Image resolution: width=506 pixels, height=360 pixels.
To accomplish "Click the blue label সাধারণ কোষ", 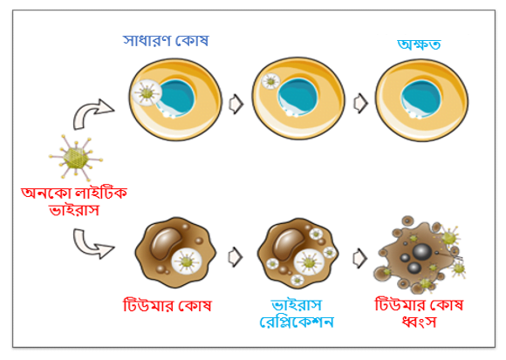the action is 166,41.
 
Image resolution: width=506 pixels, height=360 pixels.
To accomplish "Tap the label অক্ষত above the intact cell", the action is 419,44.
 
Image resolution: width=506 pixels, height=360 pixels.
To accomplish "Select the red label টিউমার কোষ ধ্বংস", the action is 419,313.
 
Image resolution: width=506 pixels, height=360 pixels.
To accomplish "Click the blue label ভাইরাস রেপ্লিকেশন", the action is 297,313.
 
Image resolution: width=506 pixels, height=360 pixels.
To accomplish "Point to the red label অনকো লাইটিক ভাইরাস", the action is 74,201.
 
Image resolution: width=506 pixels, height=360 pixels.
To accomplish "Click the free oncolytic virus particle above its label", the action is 76,158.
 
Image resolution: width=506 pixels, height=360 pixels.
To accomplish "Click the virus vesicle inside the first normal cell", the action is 147,92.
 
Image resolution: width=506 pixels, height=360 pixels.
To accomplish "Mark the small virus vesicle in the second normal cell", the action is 270,81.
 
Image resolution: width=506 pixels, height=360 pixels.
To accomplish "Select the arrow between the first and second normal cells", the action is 236,104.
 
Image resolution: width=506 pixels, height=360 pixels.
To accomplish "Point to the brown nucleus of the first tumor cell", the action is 166,243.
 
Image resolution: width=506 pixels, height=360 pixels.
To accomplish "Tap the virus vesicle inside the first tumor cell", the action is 187,262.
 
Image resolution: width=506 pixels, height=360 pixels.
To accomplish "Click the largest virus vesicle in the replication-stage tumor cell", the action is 309,262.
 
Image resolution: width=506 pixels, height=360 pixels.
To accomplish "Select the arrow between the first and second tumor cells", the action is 236,257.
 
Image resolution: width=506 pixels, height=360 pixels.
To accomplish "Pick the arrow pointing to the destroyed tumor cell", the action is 359,258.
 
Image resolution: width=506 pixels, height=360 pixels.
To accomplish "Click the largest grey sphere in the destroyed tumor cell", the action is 422,252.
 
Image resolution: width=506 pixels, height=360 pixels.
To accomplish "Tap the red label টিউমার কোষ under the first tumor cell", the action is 168,305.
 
